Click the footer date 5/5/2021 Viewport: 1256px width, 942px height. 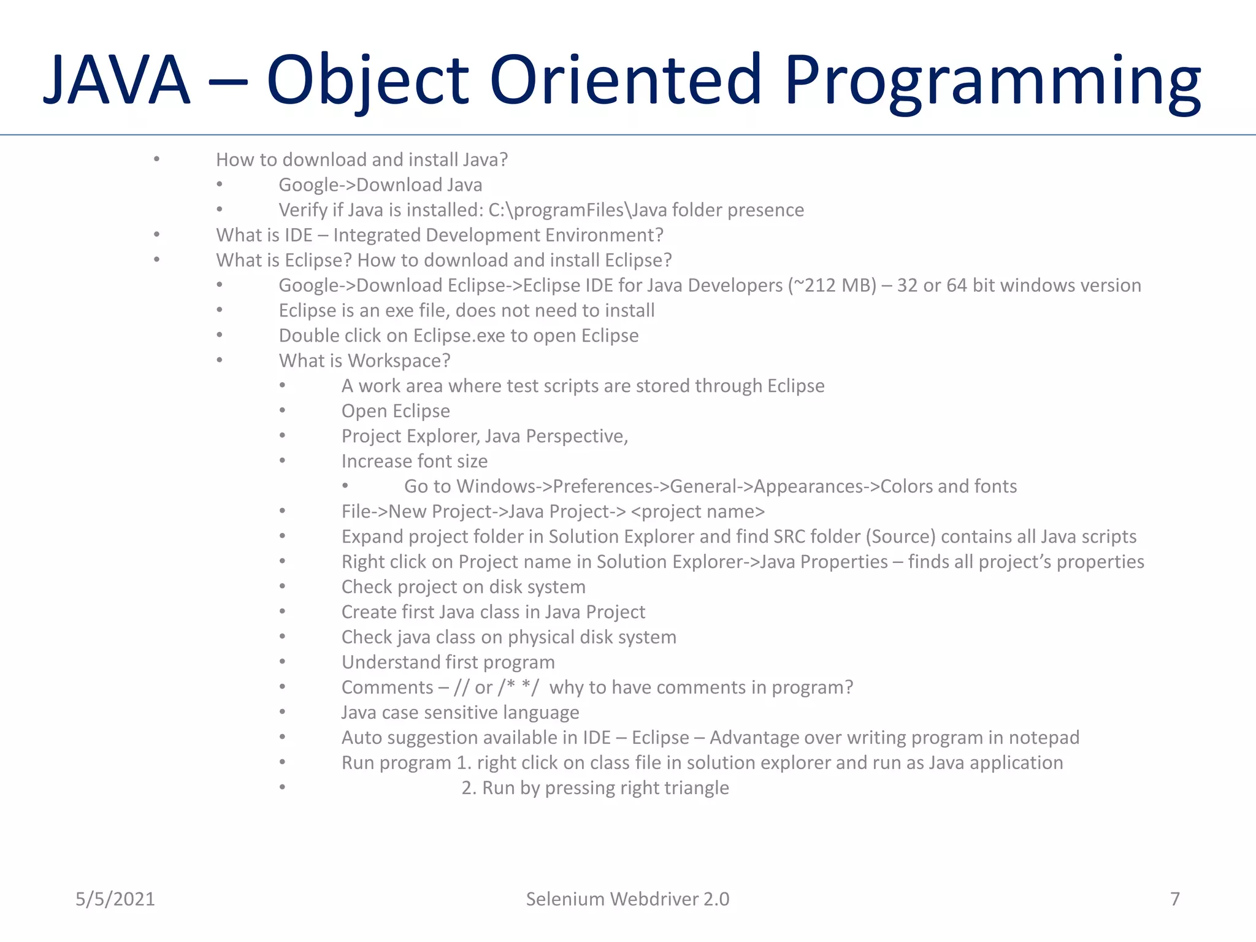(x=115, y=899)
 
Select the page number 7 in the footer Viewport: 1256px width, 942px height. (x=1174, y=899)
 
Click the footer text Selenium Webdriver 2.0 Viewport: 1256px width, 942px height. (x=627, y=899)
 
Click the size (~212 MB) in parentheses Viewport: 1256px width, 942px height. (x=832, y=286)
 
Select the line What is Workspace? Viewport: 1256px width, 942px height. (x=364, y=361)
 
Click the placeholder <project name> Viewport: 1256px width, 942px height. (x=697, y=511)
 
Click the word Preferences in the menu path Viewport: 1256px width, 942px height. (x=602, y=486)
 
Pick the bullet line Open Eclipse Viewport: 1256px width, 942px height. (x=396, y=412)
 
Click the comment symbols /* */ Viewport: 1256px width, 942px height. (x=519, y=687)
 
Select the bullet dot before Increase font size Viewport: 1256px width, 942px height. (x=282, y=461)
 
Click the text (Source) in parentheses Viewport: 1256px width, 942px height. (x=900, y=537)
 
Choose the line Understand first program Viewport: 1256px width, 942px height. (x=448, y=662)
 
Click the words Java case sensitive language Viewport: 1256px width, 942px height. (x=460, y=713)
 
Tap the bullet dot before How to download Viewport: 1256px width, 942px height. (x=157, y=159)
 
